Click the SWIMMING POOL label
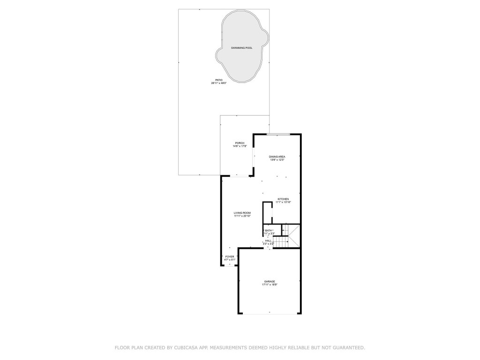pyautogui.click(x=241, y=48)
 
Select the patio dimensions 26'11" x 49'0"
pyautogui.click(x=218, y=83)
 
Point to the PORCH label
pyautogui.click(x=240, y=143)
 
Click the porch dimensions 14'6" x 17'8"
pyautogui.click(x=240, y=146)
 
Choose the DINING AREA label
pyautogui.click(x=277, y=157)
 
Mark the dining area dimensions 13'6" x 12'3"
pyautogui.click(x=277, y=160)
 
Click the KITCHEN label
pyautogui.click(x=283, y=199)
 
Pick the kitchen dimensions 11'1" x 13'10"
pyautogui.click(x=283, y=202)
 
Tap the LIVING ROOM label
pyautogui.click(x=242, y=213)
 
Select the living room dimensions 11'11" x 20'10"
pyautogui.click(x=242, y=216)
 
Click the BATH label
pyautogui.click(x=269, y=231)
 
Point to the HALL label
pyautogui.click(x=268, y=240)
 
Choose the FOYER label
pyautogui.click(x=230, y=257)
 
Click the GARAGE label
pyautogui.click(x=269, y=281)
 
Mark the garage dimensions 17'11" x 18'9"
pyautogui.click(x=269, y=285)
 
